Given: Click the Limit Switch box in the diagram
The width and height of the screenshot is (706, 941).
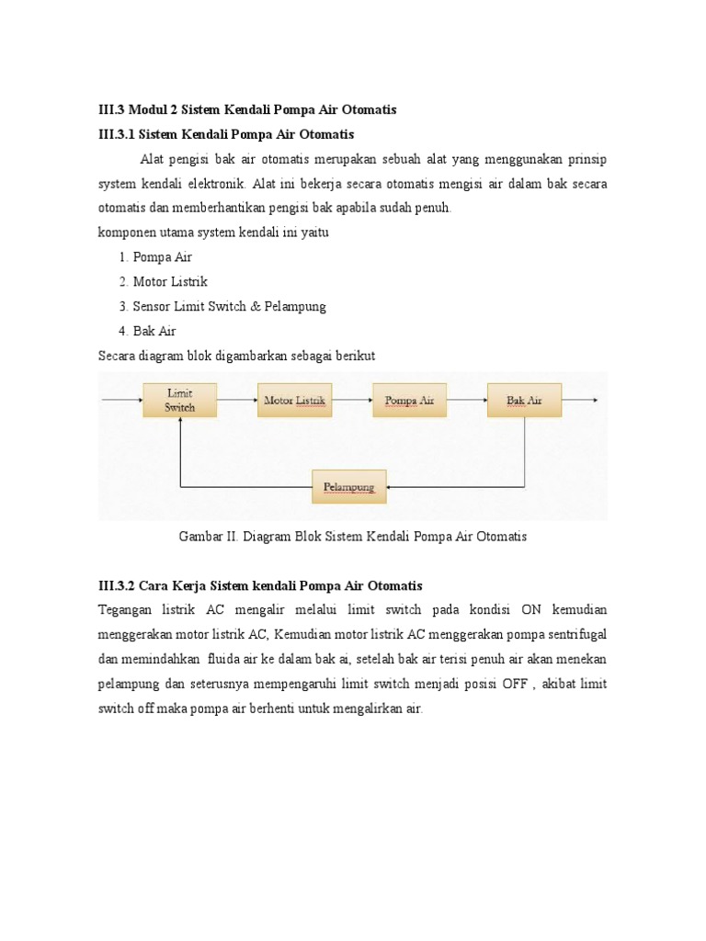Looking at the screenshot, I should coord(179,400).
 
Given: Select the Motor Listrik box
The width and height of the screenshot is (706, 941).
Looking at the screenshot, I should coord(294,401).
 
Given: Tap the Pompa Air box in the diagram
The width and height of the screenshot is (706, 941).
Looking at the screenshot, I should coord(409,401).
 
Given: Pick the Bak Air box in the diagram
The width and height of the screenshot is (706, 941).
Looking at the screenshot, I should coord(524,401).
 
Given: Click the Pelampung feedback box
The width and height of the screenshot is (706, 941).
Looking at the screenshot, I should coord(349,486).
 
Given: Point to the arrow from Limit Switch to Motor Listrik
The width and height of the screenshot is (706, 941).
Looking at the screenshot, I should coord(236,401).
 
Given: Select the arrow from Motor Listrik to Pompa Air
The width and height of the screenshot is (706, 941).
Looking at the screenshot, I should coord(351,401).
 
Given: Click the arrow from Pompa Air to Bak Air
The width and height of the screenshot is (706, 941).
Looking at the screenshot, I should coord(466,401).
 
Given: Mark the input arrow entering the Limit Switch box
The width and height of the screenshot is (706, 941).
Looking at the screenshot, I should coord(121,401).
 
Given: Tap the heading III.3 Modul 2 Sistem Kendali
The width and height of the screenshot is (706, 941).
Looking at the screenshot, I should coord(247,109).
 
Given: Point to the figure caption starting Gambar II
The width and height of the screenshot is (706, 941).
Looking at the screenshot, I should coord(352,536).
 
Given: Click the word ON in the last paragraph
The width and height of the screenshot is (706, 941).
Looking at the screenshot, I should coord(531,610).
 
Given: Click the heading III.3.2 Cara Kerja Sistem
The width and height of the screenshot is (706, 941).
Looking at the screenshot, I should coord(260,585).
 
